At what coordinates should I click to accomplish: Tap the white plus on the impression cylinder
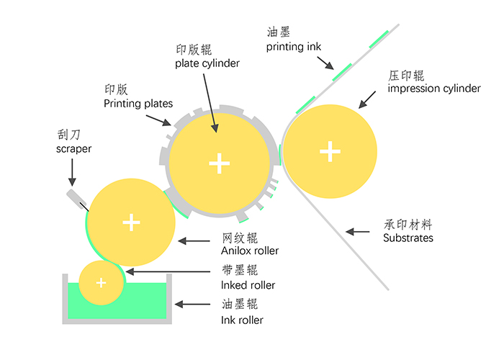tap(330, 150)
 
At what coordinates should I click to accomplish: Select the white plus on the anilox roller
tap(130, 222)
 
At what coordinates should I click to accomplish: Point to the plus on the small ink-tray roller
tap(101, 283)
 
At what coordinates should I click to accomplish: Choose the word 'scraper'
tap(74, 149)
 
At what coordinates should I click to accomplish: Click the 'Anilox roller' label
tap(250, 251)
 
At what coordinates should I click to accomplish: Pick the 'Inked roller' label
tap(248, 285)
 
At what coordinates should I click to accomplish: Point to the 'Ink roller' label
tap(243, 320)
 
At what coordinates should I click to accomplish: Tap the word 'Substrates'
tap(408, 238)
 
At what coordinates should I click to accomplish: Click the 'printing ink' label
tap(293, 48)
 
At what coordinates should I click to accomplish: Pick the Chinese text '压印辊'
tap(408, 75)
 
